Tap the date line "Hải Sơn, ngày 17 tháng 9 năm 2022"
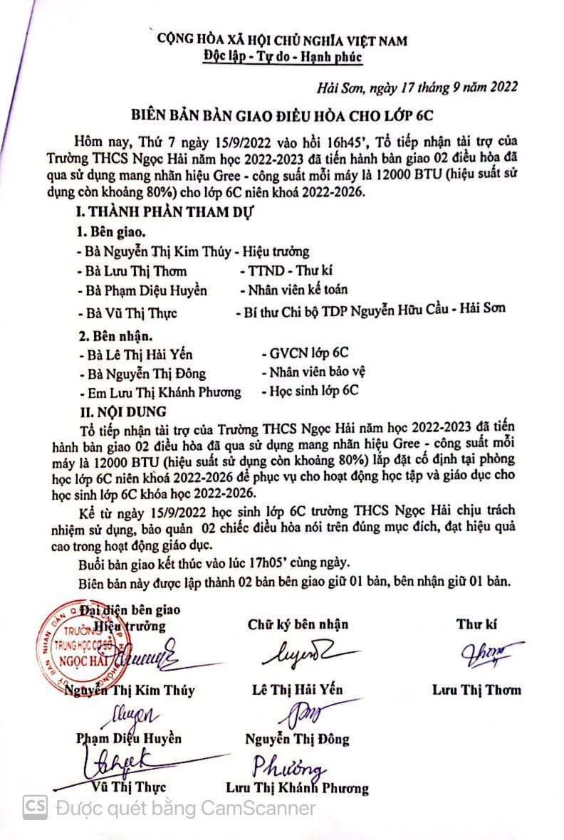coord(417,88)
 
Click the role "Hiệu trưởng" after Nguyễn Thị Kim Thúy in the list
coord(276,251)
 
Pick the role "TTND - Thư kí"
coord(286,271)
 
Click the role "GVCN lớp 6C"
coord(305,352)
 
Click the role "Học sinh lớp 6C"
coord(310,391)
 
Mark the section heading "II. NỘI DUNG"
coord(122,411)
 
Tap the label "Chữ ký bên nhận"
coord(298,624)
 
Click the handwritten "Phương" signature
coord(288,766)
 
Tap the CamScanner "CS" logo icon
coord(35,807)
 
